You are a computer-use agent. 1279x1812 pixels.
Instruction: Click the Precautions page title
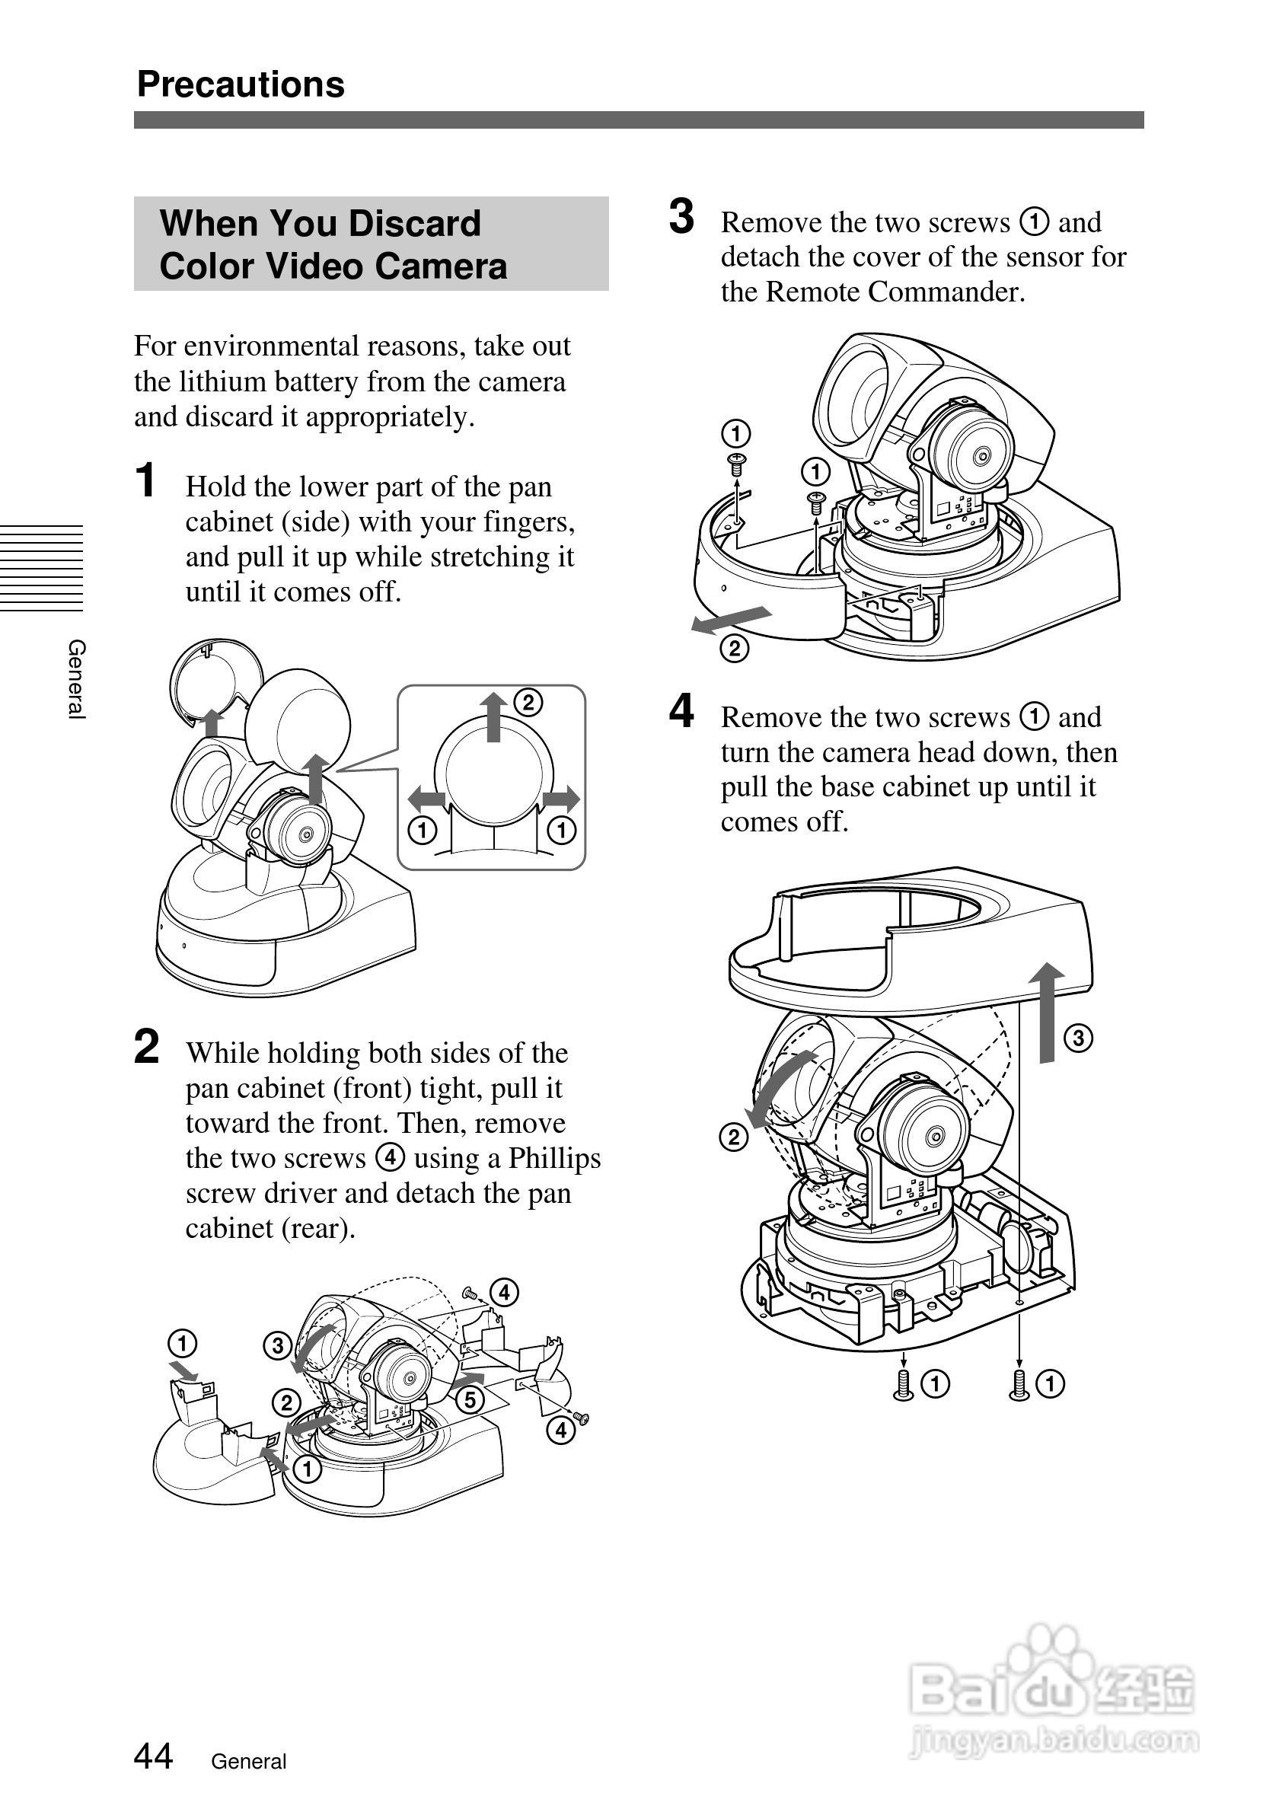click(241, 85)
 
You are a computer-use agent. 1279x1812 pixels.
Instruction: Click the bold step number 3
click(681, 217)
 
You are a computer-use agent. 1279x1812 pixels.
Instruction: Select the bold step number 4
click(681, 711)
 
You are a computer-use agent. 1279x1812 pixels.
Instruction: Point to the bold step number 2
click(147, 1048)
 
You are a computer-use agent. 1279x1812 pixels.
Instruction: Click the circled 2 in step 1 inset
click(528, 702)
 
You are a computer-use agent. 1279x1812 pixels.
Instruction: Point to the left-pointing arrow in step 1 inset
click(427, 799)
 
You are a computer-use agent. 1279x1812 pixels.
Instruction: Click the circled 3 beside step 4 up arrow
click(1079, 1038)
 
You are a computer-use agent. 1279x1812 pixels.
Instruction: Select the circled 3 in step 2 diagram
click(278, 1345)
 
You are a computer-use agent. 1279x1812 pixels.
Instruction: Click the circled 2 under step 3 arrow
click(735, 649)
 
